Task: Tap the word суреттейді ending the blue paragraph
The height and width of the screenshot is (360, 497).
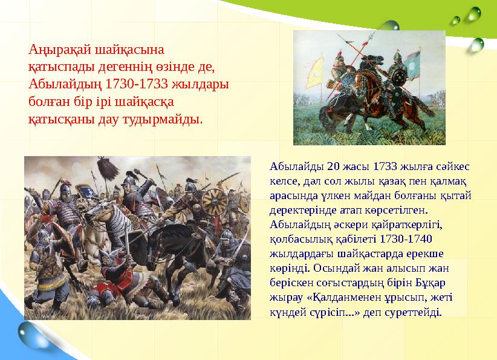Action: tap(415, 312)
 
